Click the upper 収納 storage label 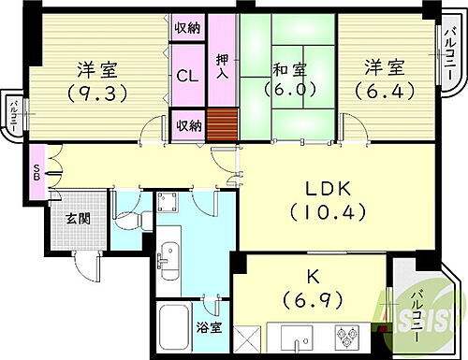pyautogui.click(x=186, y=29)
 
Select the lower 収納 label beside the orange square pyautogui.click(x=186, y=122)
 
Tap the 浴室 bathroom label pyautogui.click(x=209, y=327)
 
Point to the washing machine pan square pyautogui.click(x=174, y=205)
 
